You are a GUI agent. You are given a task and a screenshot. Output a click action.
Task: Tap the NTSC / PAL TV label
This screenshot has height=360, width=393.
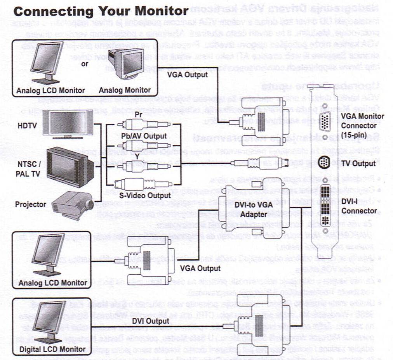[28, 169]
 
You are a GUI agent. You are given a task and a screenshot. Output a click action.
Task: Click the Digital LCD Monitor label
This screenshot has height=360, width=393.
[52, 349]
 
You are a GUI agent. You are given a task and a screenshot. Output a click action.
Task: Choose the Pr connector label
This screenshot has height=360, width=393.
[138, 115]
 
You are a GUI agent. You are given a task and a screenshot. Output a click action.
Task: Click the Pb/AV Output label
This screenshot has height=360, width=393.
[144, 136]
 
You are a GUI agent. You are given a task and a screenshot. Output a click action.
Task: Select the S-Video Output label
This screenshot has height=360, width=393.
[145, 195]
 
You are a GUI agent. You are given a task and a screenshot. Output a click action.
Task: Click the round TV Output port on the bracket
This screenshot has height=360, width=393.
[326, 162]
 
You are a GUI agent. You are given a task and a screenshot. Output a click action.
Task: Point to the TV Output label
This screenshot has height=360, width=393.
[358, 163]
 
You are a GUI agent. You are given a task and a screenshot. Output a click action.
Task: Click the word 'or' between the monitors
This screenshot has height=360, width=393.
[85, 64]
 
